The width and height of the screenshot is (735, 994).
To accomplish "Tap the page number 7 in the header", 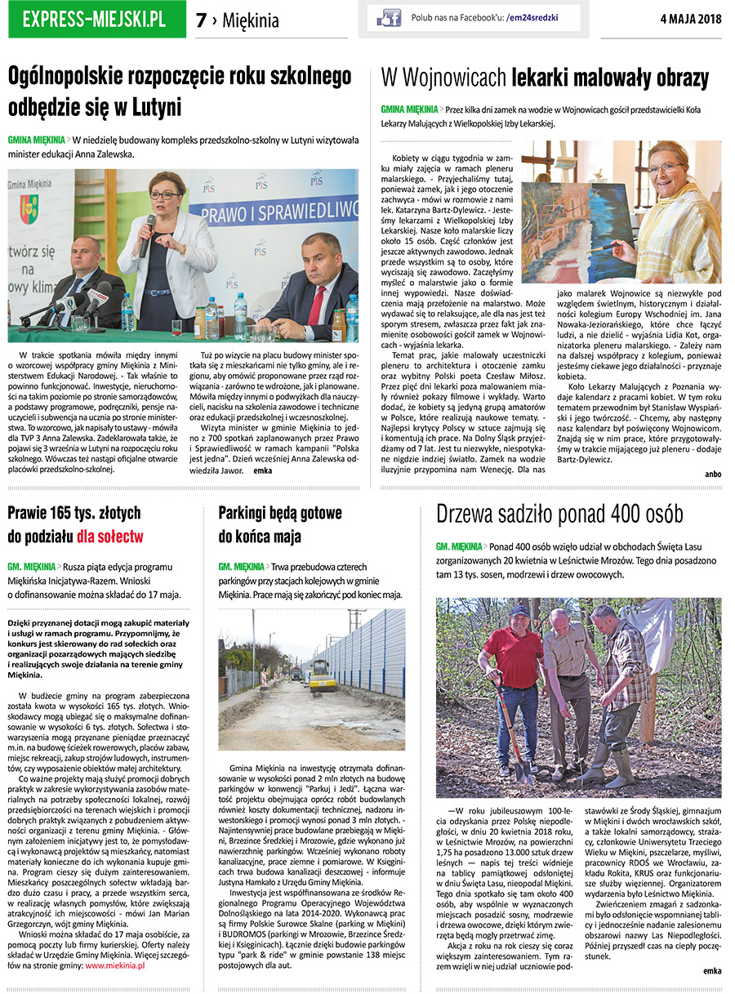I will click(x=202, y=20).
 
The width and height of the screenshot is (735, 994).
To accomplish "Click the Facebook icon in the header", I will click(x=388, y=18).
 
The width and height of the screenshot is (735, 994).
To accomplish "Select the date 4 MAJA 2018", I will click(x=691, y=20).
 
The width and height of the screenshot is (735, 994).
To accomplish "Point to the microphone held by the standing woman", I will click(x=148, y=231).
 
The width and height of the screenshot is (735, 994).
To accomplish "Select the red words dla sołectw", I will click(x=111, y=537).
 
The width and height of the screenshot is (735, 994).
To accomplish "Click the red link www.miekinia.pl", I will click(x=115, y=965).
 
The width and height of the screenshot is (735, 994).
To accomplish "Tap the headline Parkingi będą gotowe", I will click(x=280, y=513).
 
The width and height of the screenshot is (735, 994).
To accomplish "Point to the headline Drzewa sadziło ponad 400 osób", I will click(x=559, y=514).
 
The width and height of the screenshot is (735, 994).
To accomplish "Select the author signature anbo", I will click(x=713, y=474).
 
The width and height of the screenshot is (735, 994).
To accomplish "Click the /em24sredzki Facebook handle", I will click(x=537, y=18).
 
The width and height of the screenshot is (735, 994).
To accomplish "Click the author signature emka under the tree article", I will click(x=712, y=970).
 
